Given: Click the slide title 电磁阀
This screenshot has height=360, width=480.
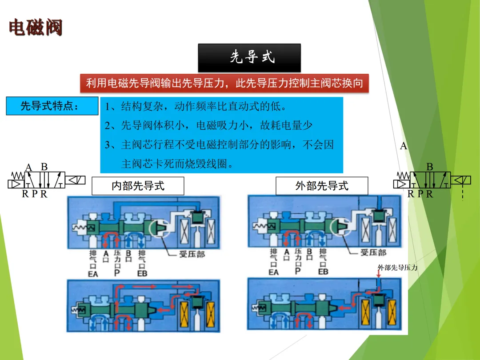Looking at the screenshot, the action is point(36,28).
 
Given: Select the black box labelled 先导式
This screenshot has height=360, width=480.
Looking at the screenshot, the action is point(249,57).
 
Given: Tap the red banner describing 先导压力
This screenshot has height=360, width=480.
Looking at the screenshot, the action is point(224,83).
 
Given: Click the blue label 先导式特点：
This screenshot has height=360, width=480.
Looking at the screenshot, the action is point(52,106).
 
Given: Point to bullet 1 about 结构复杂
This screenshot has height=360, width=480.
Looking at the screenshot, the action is point(196,107).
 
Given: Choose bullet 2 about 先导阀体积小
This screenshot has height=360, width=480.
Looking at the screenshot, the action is point(209,126).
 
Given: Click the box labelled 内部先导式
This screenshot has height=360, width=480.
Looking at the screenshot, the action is point(138,186).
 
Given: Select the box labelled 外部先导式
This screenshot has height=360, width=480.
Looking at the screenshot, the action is point(322,186).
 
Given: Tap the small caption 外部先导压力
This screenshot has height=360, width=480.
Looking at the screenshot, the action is point(397,268).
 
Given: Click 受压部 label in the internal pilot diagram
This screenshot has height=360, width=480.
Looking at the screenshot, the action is point(192,255).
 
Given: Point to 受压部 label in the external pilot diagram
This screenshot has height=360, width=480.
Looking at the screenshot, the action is point(373,252).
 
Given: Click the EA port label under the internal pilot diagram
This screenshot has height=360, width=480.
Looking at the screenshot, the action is point(92,274).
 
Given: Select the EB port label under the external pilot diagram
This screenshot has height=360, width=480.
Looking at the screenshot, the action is point(323,271).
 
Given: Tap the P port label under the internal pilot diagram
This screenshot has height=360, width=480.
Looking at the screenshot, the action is point(117,273).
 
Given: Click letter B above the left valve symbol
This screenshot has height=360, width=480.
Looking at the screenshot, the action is point(44,167).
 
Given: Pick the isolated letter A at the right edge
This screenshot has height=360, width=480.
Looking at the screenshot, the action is point(404,146).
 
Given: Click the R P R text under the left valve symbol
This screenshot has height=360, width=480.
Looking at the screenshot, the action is point(35,194).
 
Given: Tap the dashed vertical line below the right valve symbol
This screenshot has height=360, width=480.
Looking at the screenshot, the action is point(463,193).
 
